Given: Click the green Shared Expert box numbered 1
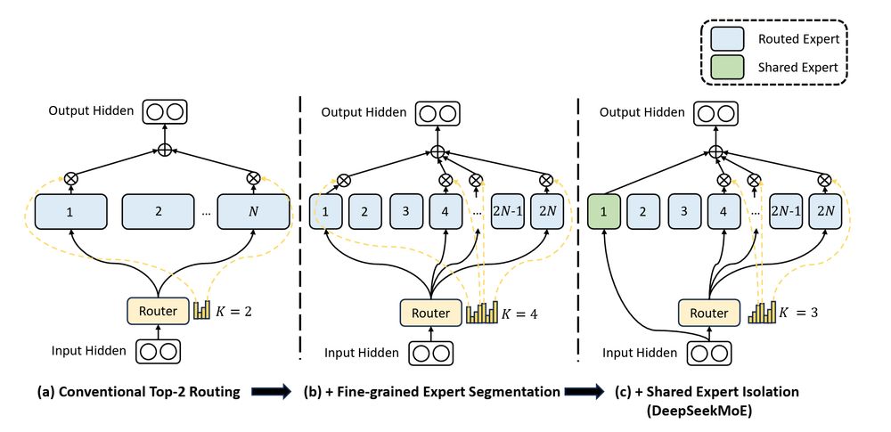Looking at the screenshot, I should (603, 213).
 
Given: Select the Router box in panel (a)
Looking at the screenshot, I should (157, 311).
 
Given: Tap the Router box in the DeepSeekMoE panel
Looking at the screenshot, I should (709, 313).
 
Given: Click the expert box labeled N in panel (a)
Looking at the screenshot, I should (258, 213).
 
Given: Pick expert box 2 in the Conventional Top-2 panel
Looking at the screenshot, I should (158, 213).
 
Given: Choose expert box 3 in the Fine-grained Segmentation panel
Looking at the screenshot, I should (405, 213).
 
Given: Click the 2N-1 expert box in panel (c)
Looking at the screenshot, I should (786, 213).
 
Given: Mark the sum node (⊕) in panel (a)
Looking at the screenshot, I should (164, 149).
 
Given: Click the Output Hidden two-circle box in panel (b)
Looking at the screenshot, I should (437, 113).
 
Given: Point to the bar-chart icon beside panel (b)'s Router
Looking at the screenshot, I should (481, 313).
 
